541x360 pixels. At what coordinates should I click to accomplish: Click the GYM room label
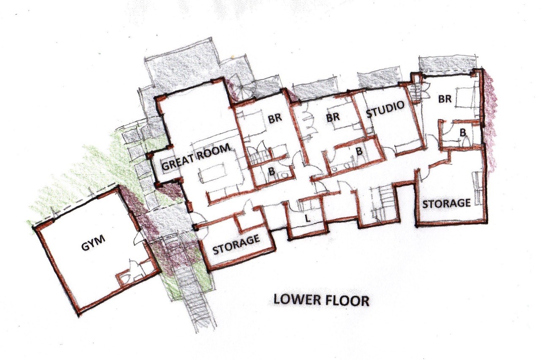coord(93,243)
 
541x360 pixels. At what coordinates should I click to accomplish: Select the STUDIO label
coord(385,110)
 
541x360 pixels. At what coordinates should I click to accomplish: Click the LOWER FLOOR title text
coord(321,300)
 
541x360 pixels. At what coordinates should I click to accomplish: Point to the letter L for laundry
coord(307,219)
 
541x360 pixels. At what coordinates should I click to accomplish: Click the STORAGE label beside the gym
coord(236,245)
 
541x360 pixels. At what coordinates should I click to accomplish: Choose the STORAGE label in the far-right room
coord(447,204)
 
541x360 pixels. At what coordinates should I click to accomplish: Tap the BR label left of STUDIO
coord(333,117)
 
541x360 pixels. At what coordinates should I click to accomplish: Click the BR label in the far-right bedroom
coord(445,99)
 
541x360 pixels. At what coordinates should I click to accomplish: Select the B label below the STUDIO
coord(359,151)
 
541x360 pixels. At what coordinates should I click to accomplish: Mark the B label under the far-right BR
coord(463,133)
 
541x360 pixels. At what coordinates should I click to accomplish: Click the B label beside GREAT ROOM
coord(272,171)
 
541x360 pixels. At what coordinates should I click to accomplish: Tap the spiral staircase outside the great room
coord(241,87)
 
